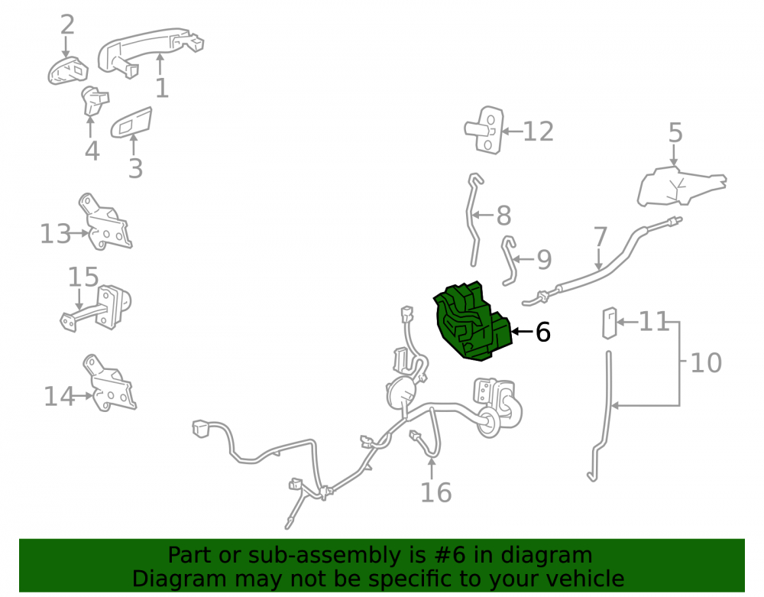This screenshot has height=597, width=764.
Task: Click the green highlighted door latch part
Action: [473, 323]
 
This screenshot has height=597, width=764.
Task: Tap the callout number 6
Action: [542, 333]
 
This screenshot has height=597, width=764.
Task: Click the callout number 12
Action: [539, 131]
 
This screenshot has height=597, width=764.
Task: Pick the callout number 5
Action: [675, 132]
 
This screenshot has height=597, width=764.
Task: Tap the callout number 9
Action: [544, 259]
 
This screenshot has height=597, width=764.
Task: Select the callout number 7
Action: [601, 236]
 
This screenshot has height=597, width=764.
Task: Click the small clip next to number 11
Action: [610, 323]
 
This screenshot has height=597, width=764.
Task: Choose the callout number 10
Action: [706, 363]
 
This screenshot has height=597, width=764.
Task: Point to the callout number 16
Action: [436, 492]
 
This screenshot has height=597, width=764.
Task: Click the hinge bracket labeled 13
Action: [105, 222]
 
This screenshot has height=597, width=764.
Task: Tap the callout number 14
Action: [59, 396]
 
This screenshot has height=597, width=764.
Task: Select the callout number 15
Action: [83, 277]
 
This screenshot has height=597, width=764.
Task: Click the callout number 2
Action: [67, 24]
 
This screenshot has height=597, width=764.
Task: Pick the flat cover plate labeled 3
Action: [131, 122]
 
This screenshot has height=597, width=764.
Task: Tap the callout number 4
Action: [92, 151]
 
